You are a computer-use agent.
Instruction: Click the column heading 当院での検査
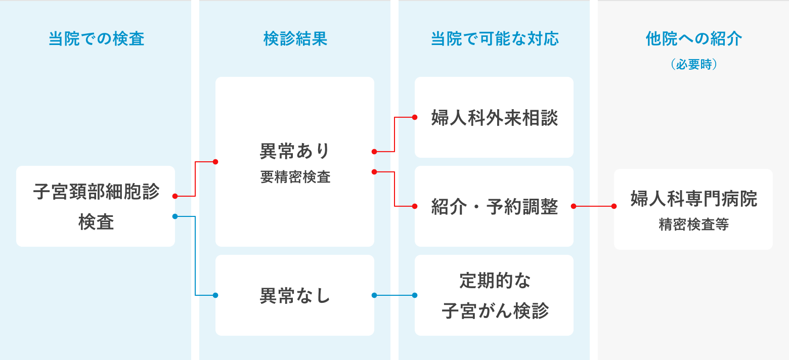coord(96,39)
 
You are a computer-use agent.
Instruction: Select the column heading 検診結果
coord(295,39)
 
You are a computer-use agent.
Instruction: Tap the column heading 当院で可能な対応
coord(494,39)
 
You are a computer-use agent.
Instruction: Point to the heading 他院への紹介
coord(693,39)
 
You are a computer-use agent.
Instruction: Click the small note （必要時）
coord(693,65)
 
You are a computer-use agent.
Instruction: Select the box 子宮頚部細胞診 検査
coord(96,206)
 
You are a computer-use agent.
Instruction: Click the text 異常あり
coord(295,151)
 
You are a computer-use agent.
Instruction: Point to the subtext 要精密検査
coord(295,176)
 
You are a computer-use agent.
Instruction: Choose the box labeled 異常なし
coord(295,295)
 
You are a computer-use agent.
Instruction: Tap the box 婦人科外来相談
coord(494,118)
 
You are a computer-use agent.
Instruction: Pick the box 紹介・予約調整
coord(494,206)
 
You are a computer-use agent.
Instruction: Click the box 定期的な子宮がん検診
coord(494,295)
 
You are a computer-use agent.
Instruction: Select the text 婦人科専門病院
coord(693,199)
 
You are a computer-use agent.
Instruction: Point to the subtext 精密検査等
coord(693,224)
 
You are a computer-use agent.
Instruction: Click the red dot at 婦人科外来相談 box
coord(415,117)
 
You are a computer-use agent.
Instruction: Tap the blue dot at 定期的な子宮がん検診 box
coord(415,295)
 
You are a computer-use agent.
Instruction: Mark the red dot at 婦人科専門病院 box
coord(614,206)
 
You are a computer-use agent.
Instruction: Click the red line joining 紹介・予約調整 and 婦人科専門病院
coord(594,206)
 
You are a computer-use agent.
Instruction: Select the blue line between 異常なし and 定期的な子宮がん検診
coord(394,295)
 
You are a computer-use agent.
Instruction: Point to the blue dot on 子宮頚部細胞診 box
coord(174,216)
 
